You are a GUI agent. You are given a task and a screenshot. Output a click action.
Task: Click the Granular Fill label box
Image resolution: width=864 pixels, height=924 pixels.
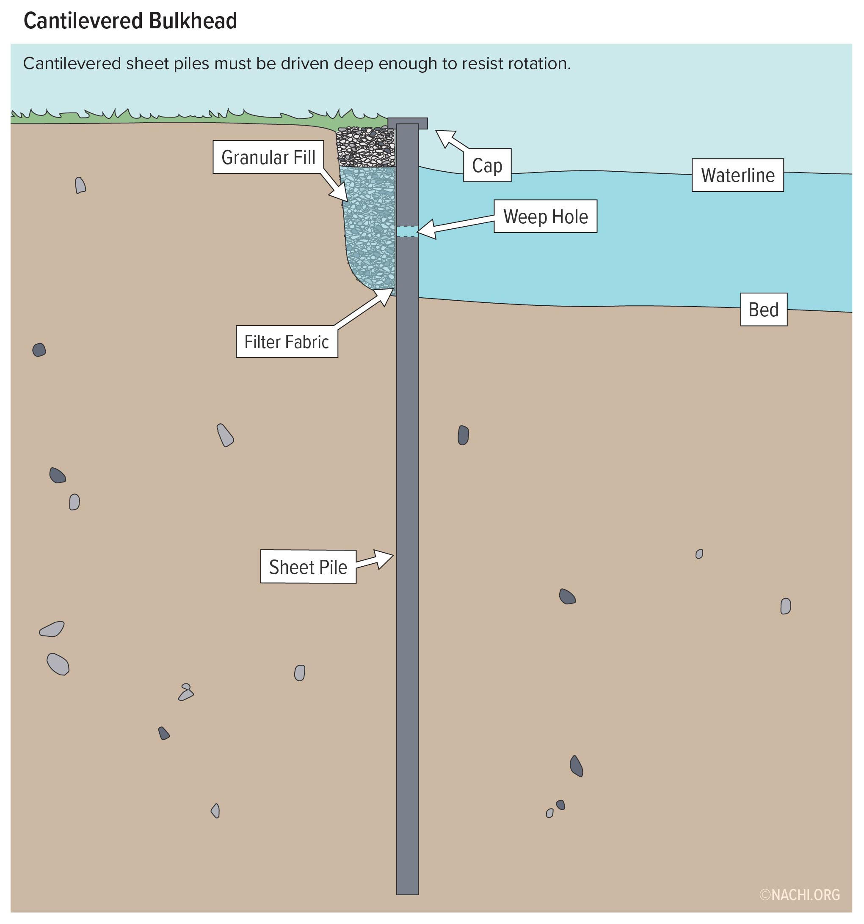[x=268, y=157]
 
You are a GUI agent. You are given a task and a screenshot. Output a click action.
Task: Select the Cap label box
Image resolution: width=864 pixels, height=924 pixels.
[x=487, y=165]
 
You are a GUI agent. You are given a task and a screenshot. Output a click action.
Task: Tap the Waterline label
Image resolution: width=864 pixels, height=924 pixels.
[x=737, y=175]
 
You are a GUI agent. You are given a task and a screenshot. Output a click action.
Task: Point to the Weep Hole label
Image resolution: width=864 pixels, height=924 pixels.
[x=545, y=216]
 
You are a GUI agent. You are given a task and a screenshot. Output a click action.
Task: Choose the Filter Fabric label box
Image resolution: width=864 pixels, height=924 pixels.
[x=287, y=342]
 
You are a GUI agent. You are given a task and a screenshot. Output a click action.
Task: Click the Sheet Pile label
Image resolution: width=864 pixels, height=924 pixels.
[x=308, y=567]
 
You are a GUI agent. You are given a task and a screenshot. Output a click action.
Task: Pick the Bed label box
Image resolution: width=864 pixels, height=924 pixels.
[x=764, y=310]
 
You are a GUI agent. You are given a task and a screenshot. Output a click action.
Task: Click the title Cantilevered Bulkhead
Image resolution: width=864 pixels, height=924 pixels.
[x=130, y=21]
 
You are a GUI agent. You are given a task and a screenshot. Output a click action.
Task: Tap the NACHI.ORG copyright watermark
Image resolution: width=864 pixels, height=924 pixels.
[x=799, y=895]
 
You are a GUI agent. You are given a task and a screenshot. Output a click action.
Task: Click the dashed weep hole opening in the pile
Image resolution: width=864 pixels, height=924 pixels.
[x=407, y=231]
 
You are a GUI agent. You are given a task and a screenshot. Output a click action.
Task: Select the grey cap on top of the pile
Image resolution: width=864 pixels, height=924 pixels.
[x=408, y=123]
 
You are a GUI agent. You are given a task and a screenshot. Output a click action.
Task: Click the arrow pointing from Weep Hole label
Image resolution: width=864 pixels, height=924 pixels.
[x=455, y=225]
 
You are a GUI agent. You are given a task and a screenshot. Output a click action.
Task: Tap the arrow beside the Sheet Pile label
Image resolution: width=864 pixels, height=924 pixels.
[x=375, y=559]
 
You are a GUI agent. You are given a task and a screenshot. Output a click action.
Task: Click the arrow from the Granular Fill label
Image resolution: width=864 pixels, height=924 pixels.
[x=334, y=187]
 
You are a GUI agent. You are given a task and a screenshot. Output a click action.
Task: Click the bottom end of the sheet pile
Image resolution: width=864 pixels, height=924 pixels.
[x=408, y=894]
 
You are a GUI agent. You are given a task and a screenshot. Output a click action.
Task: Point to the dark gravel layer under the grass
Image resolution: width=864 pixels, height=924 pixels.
[x=366, y=146]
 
